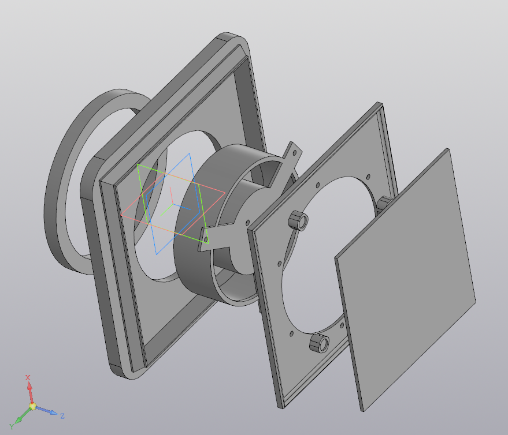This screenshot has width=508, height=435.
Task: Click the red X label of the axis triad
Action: coord(28,377)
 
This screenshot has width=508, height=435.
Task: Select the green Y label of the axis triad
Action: coord(12,426)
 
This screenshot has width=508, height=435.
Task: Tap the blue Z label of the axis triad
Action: coord(62,416)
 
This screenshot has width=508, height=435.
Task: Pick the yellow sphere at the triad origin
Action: coord(32,406)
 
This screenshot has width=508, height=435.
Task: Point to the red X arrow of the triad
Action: coord(30,392)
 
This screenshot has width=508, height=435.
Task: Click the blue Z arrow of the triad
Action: coord(46,411)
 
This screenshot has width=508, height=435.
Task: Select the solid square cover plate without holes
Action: coord(405,280)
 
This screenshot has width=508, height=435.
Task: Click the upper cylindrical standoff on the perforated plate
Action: coord(298,220)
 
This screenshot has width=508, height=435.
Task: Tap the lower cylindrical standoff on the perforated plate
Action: coord(319,343)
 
